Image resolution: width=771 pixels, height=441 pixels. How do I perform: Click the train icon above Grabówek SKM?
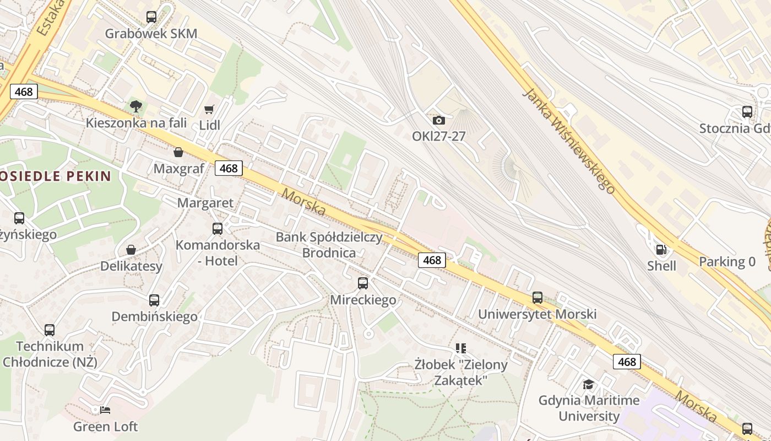151,17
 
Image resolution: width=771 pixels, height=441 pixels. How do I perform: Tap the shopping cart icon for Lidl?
209,110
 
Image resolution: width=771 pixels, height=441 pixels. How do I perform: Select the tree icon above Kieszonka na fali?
135,106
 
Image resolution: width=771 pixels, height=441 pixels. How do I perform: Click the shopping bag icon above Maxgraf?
178,152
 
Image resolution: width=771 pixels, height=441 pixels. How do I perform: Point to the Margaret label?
205,203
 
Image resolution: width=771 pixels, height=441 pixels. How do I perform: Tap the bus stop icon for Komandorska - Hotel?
218,228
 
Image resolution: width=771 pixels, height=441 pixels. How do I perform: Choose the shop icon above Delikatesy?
131,250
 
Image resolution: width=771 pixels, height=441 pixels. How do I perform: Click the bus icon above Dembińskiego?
154,300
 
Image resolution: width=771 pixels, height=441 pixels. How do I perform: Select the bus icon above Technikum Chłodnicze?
50,330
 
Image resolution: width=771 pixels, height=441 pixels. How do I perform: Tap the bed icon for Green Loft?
105,410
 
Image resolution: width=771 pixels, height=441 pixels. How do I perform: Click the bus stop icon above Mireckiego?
363,283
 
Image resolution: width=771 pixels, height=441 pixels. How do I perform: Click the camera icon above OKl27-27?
439,120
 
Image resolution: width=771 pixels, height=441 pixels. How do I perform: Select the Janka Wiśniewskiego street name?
568,141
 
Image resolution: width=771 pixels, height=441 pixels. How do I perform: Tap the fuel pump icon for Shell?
661,250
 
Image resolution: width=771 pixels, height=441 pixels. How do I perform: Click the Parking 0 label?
727,262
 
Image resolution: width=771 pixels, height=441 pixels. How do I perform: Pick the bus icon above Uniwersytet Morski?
537,298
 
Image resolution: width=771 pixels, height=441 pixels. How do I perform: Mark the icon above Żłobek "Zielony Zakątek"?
461,348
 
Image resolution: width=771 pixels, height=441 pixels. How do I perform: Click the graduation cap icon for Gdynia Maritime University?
589,384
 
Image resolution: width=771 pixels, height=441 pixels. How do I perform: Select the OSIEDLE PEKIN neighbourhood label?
56,176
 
